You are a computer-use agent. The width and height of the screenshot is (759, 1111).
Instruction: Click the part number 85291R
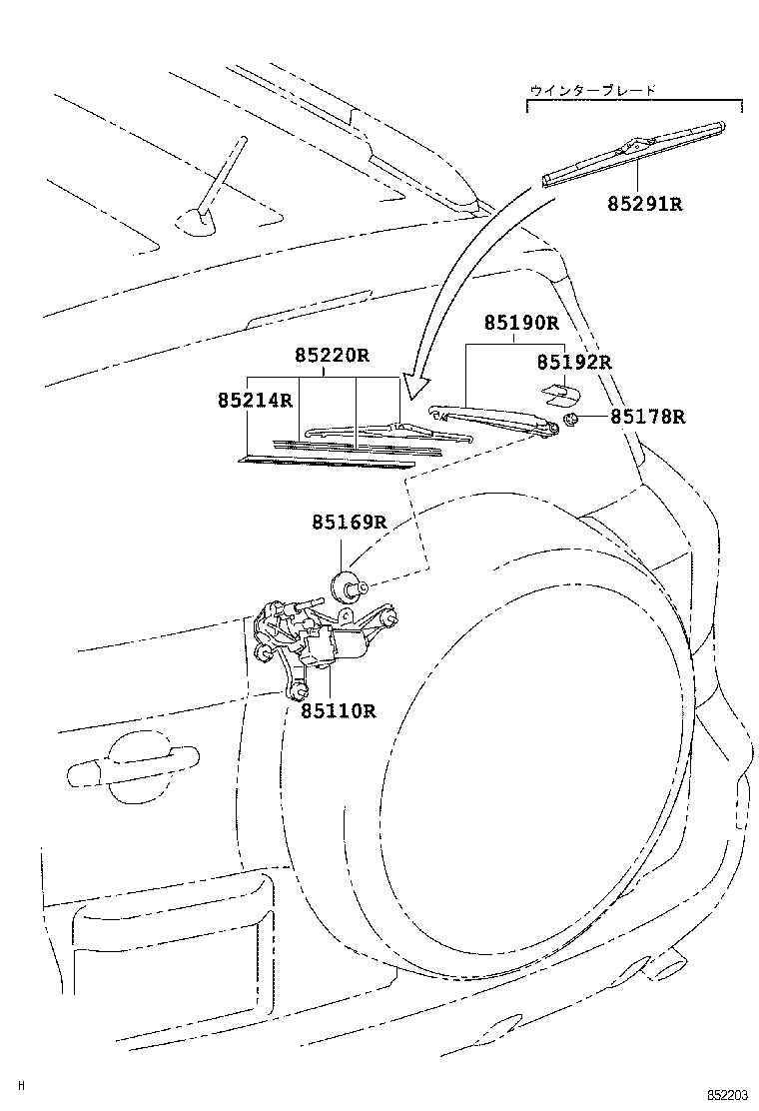pyautogui.click(x=644, y=204)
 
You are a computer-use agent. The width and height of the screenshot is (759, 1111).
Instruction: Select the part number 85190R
pyautogui.click(x=521, y=324)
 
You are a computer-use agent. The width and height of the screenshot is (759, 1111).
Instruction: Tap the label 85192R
pyautogui.click(x=573, y=362)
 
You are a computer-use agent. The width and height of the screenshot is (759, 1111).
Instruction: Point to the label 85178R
pyautogui.click(x=648, y=418)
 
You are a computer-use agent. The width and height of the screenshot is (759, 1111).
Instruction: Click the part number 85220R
pyautogui.click(x=332, y=356)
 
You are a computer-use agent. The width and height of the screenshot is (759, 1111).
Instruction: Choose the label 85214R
pyautogui.click(x=255, y=401)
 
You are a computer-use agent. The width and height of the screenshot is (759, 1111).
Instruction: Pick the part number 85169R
pyautogui.click(x=348, y=523)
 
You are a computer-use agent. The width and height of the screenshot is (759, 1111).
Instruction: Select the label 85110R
pyautogui.click(x=338, y=711)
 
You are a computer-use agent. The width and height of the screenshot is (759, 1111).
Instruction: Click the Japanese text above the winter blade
pyautogui.click(x=593, y=90)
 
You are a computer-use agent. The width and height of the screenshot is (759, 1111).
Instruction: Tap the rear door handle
pyautogui.click(x=130, y=764)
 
